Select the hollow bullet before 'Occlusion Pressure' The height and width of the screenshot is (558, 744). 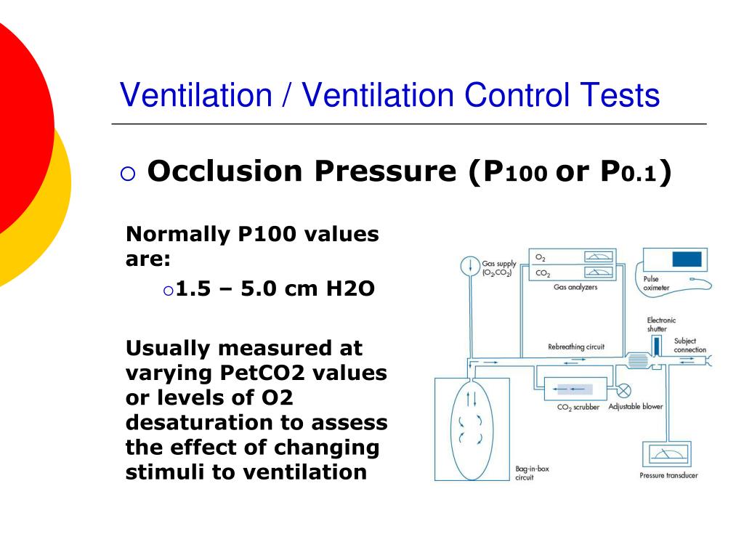(x=128, y=174)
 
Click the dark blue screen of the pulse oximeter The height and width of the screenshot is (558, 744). (x=687, y=259)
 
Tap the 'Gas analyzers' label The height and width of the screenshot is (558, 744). (x=575, y=288)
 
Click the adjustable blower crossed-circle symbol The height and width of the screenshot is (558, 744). (x=623, y=389)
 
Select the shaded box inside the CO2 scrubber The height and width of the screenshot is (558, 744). (x=574, y=389)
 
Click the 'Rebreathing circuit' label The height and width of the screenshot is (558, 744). (x=576, y=347)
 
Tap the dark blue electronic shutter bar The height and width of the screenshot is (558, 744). (x=657, y=345)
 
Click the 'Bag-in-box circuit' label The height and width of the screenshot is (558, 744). (x=532, y=473)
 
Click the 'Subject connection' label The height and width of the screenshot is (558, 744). (x=690, y=345)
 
